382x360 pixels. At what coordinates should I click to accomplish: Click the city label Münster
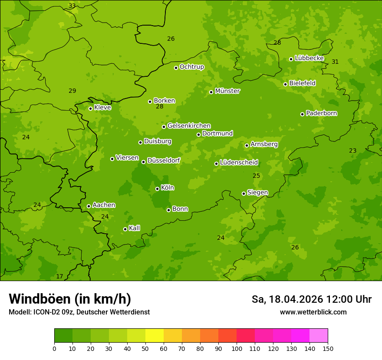[x=227, y=91]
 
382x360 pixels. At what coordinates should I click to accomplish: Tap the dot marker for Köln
[x=157, y=189]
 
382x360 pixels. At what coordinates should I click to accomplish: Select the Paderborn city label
[x=321, y=113]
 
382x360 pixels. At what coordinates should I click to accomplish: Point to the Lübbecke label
[x=309, y=58]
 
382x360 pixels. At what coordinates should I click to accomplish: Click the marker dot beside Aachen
[x=89, y=206]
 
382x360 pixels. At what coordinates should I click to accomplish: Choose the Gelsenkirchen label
[x=189, y=126]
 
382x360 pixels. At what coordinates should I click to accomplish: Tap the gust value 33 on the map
[x=72, y=6]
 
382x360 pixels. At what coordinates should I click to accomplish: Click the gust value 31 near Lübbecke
[x=335, y=62]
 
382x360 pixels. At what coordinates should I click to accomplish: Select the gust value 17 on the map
[x=59, y=276]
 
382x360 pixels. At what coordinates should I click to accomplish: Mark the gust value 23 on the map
[x=353, y=151]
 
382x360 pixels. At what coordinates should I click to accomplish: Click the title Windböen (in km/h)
[x=70, y=299]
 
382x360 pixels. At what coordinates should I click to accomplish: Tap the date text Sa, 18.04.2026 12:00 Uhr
[x=312, y=299]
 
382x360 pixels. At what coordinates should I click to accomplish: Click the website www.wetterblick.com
[x=313, y=312]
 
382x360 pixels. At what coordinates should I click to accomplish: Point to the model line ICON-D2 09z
[x=79, y=312]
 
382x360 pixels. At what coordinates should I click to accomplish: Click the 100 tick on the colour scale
[x=237, y=348]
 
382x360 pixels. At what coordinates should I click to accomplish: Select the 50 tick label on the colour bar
[x=145, y=348]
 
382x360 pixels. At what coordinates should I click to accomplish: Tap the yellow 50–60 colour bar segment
[x=155, y=336]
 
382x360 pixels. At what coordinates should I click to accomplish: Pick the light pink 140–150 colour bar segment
[x=319, y=336]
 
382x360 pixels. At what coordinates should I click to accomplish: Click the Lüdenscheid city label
[x=239, y=163]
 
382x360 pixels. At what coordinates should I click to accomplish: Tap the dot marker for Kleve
[x=90, y=108]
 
